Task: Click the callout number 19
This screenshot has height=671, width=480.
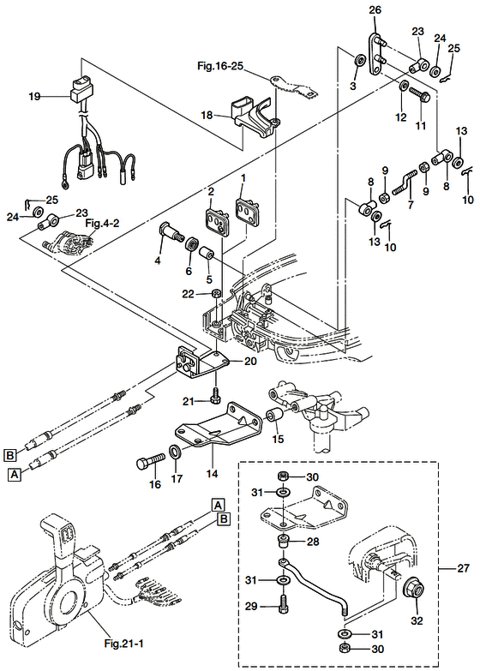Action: pos(34,98)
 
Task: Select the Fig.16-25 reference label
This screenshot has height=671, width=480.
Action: pos(219,63)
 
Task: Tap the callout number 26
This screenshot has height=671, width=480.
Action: pos(373,10)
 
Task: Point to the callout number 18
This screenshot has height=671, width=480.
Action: pos(207,115)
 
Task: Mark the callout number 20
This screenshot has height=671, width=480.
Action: pos(250,361)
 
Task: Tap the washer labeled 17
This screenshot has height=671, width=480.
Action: pos(175,452)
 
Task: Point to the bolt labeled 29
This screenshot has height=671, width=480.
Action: pos(284,613)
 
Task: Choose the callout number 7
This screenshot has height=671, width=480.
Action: pos(411,206)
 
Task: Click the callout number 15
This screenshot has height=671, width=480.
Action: pos(277,439)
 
